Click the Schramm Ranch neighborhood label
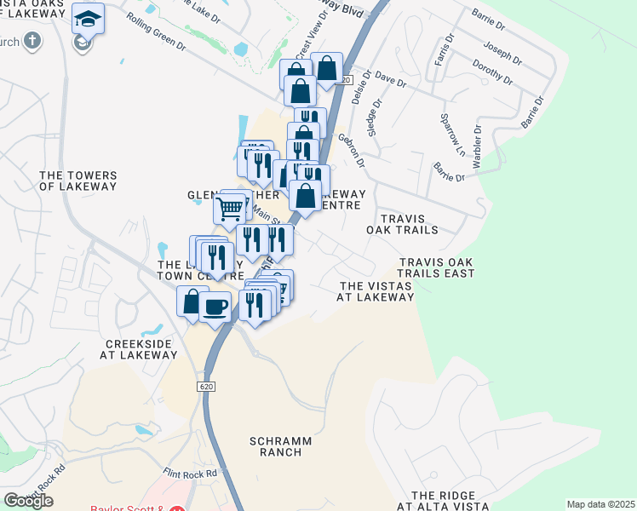[275, 446]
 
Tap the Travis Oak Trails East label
[437, 267]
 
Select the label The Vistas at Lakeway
[376, 291]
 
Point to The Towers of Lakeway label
[78, 181]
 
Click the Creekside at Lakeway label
[140, 350]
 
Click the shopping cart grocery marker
[229, 207]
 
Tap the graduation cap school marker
[86, 17]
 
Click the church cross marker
[32, 40]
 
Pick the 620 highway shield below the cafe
[209, 387]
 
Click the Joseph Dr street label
[502, 52]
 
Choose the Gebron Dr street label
[354, 150]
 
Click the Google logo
[28, 501]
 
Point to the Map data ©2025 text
[600, 504]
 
